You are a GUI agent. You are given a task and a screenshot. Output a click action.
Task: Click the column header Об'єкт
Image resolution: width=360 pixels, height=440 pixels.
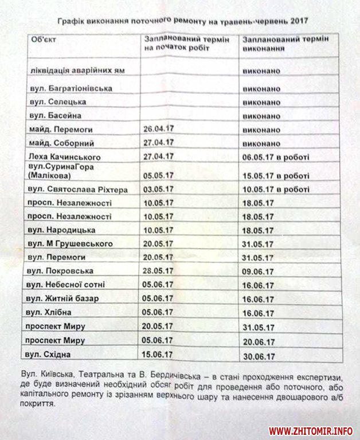coord(45,40)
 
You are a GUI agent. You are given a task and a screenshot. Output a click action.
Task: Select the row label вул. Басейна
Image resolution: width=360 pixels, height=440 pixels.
coord(56,116)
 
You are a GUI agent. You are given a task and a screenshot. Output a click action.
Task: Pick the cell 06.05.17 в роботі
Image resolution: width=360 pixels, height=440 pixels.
coord(276,157)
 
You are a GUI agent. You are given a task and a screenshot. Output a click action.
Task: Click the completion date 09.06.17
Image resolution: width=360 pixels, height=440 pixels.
coord(257,271)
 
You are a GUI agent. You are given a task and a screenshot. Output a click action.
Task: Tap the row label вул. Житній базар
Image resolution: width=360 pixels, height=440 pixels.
coord(62,298)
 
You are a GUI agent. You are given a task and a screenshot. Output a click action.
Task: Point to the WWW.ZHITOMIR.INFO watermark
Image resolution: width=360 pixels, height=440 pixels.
coord(311,430)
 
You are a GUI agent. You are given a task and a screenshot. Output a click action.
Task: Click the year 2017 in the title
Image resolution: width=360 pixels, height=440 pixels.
coord(294,21)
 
